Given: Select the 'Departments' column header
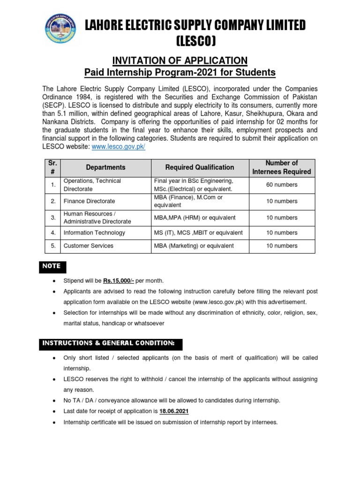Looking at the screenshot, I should coord(105,167).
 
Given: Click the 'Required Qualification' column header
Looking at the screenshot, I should coord(199,167).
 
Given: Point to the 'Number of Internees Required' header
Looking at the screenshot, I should coord(282,167).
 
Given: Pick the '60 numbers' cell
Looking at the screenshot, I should coord(282,185).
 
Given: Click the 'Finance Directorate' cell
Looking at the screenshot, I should coord(89,201).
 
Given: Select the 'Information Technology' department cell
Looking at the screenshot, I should coord(94,232).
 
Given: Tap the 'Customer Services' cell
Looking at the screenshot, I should coord(88,246).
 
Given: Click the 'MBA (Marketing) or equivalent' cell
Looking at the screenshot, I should coord(194,246).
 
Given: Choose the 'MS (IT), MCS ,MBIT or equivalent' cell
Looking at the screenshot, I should coord(198,232).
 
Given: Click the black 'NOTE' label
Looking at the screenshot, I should coord(52,266).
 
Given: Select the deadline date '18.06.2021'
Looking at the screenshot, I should coord(174,411).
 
